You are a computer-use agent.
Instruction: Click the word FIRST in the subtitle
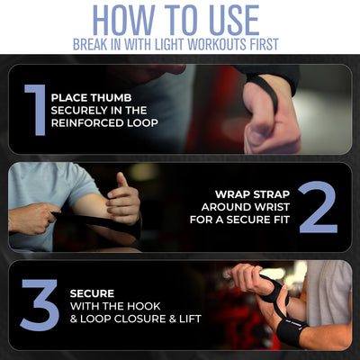[261, 44]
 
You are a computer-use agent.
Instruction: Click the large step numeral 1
[34, 110]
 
